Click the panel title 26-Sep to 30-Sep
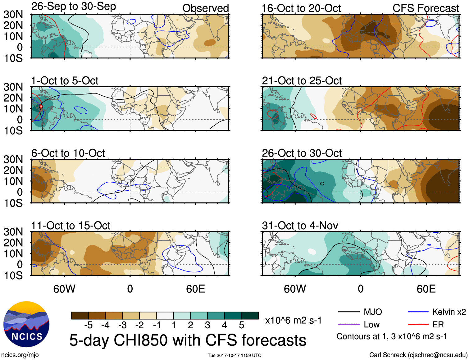(x=74, y=7)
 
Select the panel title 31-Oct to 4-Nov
(x=300, y=226)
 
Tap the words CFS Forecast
(x=426, y=8)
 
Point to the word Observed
(x=206, y=8)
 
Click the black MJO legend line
(x=348, y=312)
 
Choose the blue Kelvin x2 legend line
(x=418, y=312)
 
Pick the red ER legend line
(x=418, y=325)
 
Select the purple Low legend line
(x=348, y=325)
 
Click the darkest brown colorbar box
(x=80, y=316)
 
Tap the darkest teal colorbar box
(x=250, y=316)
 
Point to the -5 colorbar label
(x=89, y=325)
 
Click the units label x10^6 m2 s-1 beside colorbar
(x=293, y=320)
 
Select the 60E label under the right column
(x=426, y=289)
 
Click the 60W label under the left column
(x=64, y=289)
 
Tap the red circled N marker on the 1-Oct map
(x=41, y=107)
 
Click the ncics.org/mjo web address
(x=20, y=355)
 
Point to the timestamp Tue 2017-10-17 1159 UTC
(x=234, y=355)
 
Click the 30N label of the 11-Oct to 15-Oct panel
(x=13, y=232)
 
